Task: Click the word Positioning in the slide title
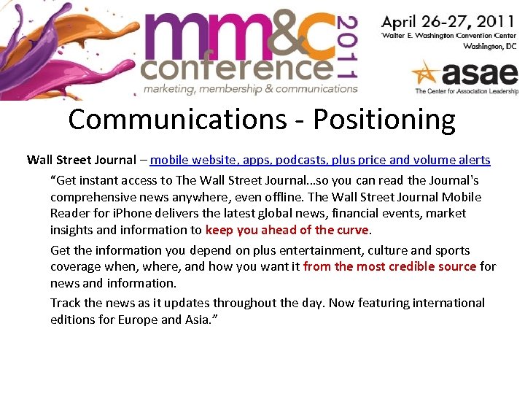tap(384, 120)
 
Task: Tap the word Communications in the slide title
tap(176, 120)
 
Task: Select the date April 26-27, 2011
tap(448, 21)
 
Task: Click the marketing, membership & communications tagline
tap(250, 89)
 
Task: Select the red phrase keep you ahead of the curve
tap(288, 231)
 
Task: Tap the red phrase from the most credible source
tap(389, 266)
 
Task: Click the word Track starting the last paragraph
tap(66, 303)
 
